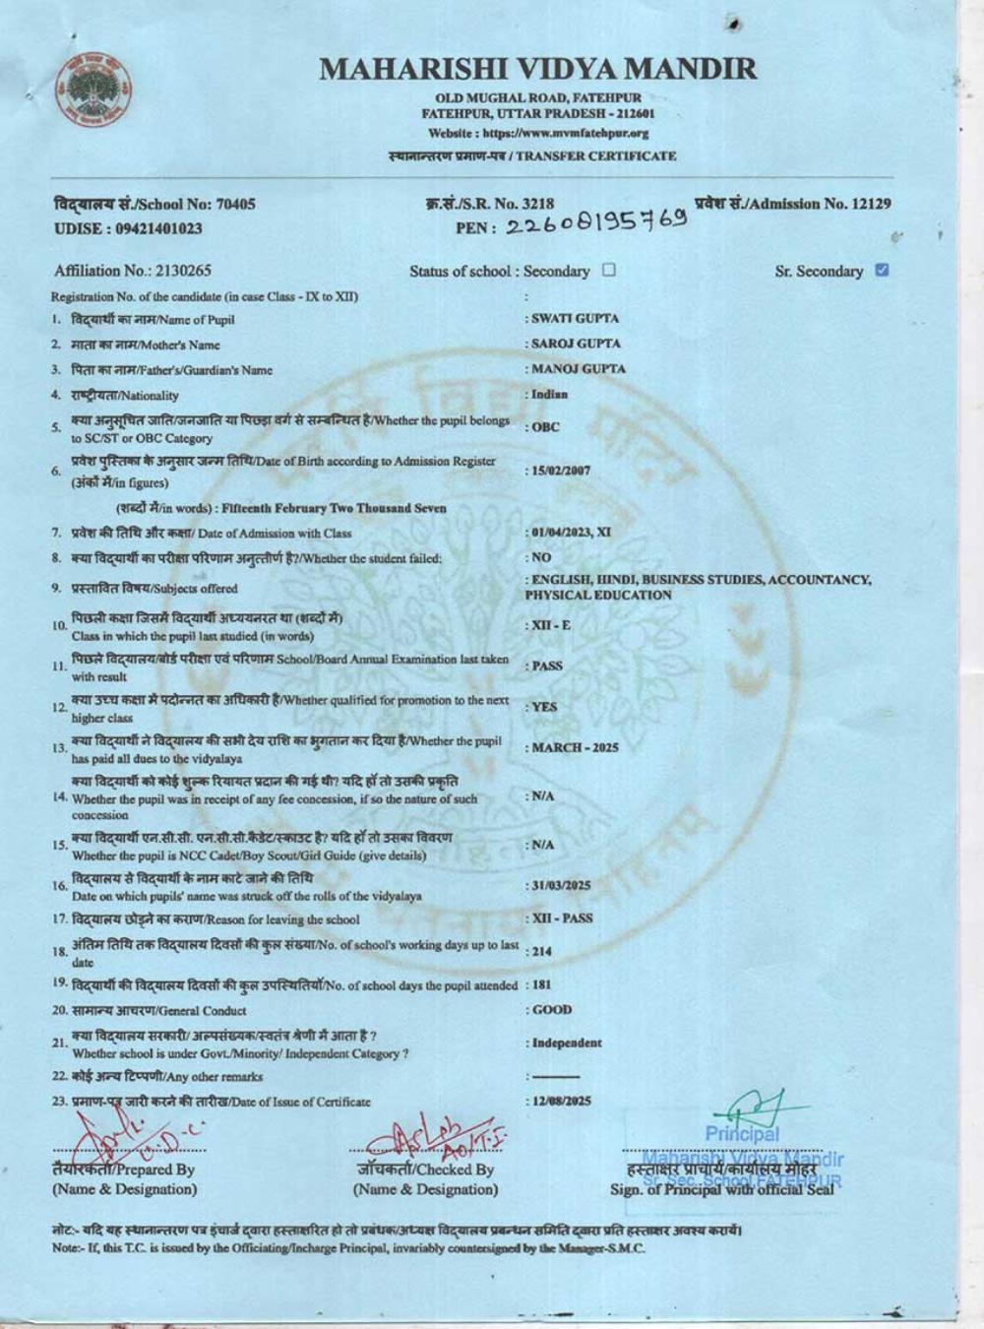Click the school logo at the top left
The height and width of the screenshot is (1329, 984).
coord(94,90)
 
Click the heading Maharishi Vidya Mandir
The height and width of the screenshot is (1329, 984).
coord(538,69)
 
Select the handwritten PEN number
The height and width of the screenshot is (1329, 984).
coord(596,224)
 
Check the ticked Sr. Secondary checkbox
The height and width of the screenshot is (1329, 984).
coord(882,270)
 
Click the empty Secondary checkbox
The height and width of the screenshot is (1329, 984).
coord(609,270)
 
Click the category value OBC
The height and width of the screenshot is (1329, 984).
coord(546,427)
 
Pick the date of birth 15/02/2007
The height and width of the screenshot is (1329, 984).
coord(562,471)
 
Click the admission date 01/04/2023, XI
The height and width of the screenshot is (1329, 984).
coord(572,533)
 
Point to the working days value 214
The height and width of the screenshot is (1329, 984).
coord(542,951)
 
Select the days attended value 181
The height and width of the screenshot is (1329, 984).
coord(542,984)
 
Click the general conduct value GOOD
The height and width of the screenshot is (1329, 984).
coord(552,1010)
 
